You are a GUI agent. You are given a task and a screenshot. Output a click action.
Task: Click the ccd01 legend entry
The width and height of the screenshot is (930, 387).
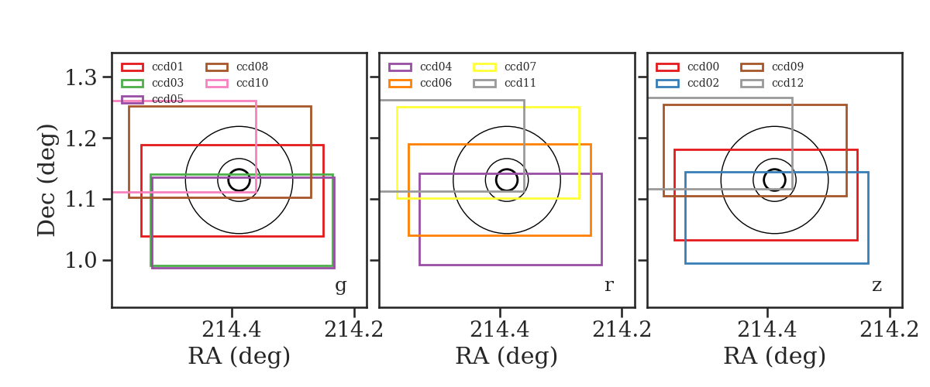pyautogui.click(x=152, y=67)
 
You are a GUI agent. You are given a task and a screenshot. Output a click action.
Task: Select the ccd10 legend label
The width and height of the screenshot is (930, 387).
pyautogui.click(x=252, y=83)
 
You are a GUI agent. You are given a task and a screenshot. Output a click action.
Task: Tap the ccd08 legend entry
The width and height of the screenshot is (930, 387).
pyautogui.click(x=236, y=67)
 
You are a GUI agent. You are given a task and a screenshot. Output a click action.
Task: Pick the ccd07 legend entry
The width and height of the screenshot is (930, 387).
pyautogui.click(x=505, y=67)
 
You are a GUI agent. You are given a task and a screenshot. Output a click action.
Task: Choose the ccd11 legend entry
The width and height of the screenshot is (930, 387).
pyautogui.click(x=505, y=83)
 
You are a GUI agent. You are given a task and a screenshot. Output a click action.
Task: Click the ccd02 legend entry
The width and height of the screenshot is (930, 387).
pyautogui.click(x=687, y=83)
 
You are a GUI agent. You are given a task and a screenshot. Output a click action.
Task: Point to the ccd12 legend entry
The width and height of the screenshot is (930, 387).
pyautogui.click(x=772, y=83)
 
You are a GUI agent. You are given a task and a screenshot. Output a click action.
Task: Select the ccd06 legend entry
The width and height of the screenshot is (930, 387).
pyautogui.click(x=420, y=83)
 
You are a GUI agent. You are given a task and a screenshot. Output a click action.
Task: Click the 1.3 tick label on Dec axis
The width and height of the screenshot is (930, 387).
pyautogui.click(x=81, y=77)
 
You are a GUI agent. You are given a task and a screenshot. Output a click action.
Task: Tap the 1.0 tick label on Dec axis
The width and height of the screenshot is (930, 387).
pyautogui.click(x=81, y=261)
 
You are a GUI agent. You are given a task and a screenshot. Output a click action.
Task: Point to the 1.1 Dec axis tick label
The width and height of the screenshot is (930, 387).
pyautogui.click(x=81, y=200)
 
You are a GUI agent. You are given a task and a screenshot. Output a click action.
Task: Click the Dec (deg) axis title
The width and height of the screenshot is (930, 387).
pyautogui.click(x=46, y=180)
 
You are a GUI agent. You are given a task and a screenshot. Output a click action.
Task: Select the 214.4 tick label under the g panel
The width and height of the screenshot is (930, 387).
pyautogui.click(x=231, y=330)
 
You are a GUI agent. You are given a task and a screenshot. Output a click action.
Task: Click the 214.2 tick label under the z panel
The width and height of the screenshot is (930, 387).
pyautogui.click(x=889, y=330)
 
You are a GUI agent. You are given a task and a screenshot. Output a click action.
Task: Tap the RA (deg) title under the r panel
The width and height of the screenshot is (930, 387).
pyautogui.click(x=507, y=356)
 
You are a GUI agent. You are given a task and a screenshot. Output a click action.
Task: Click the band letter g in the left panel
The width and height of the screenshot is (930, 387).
pyautogui.click(x=340, y=286)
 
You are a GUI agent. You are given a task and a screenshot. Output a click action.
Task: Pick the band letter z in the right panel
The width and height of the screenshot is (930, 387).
pyautogui.click(x=877, y=286)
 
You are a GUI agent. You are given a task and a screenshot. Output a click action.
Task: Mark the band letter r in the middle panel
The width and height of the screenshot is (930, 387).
pyautogui.click(x=608, y=286)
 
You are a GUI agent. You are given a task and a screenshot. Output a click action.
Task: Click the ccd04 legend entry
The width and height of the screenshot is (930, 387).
pyautogui.click(x=420, y=67)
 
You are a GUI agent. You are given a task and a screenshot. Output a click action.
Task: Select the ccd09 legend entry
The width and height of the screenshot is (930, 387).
pyautogui.click(x=772, y=67)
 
